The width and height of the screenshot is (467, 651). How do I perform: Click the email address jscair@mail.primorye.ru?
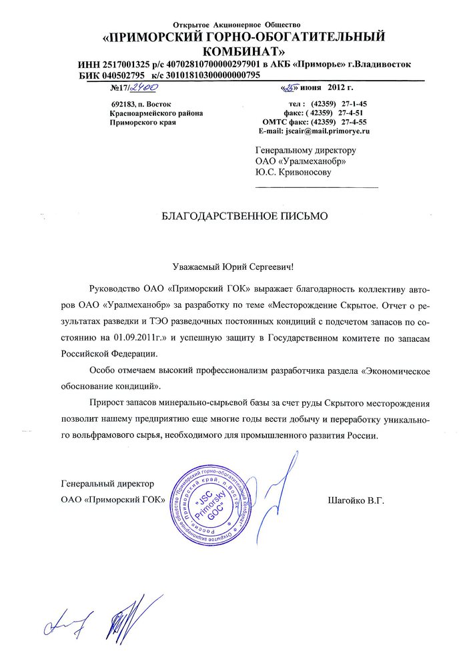pyautogui.click(x=328, y=131)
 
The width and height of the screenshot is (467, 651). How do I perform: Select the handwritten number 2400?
pyautogui.click(x=143, y=87)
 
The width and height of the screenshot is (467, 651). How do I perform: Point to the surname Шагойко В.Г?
pyautogui.click(x=356, y=499)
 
